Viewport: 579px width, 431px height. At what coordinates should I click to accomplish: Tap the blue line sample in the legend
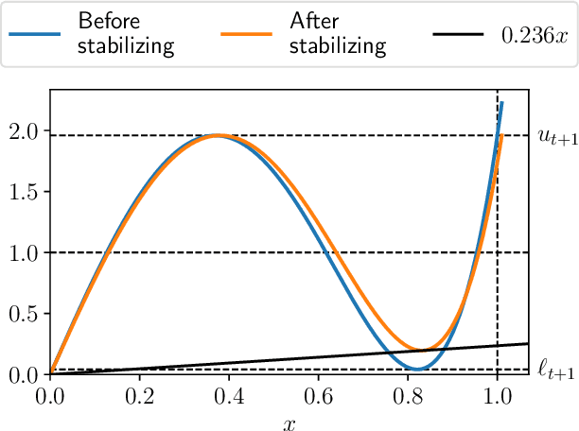click(x=36, y=34)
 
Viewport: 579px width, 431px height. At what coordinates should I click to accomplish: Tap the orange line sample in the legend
click(x=246, y=34)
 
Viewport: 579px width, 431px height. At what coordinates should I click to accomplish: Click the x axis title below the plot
click(x=289, y=422)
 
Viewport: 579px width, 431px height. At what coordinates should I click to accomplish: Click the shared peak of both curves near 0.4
click(x=218, y=135)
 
